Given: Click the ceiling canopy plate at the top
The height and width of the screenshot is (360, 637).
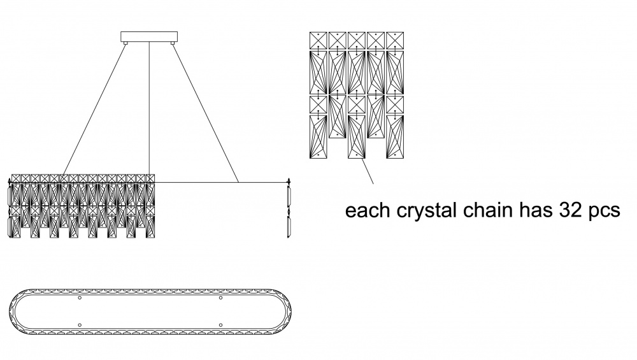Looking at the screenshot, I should click(x=148, y=36).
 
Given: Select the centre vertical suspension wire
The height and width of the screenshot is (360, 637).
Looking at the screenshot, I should click(x=148, y=108).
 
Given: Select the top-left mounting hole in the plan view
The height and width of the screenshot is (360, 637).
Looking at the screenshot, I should click(x=79, y=298).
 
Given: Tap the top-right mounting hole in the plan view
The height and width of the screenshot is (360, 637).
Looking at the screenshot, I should click(x=220, y=298).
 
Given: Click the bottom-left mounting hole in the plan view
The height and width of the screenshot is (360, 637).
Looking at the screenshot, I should click(x=79, y=326).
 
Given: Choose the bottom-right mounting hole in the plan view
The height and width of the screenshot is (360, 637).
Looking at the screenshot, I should click(x=220, y=326).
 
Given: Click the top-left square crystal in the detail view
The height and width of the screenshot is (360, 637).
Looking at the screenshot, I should click(x=318, y=40).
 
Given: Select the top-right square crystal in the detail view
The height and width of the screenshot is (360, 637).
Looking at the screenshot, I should click(x=396, y=40).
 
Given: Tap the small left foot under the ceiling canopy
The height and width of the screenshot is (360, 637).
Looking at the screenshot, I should click(x=126, y=43).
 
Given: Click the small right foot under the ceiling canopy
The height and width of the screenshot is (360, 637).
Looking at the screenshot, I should click(x=171, y=43).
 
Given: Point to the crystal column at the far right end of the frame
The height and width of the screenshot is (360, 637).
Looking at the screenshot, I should click(x=289, y=210).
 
